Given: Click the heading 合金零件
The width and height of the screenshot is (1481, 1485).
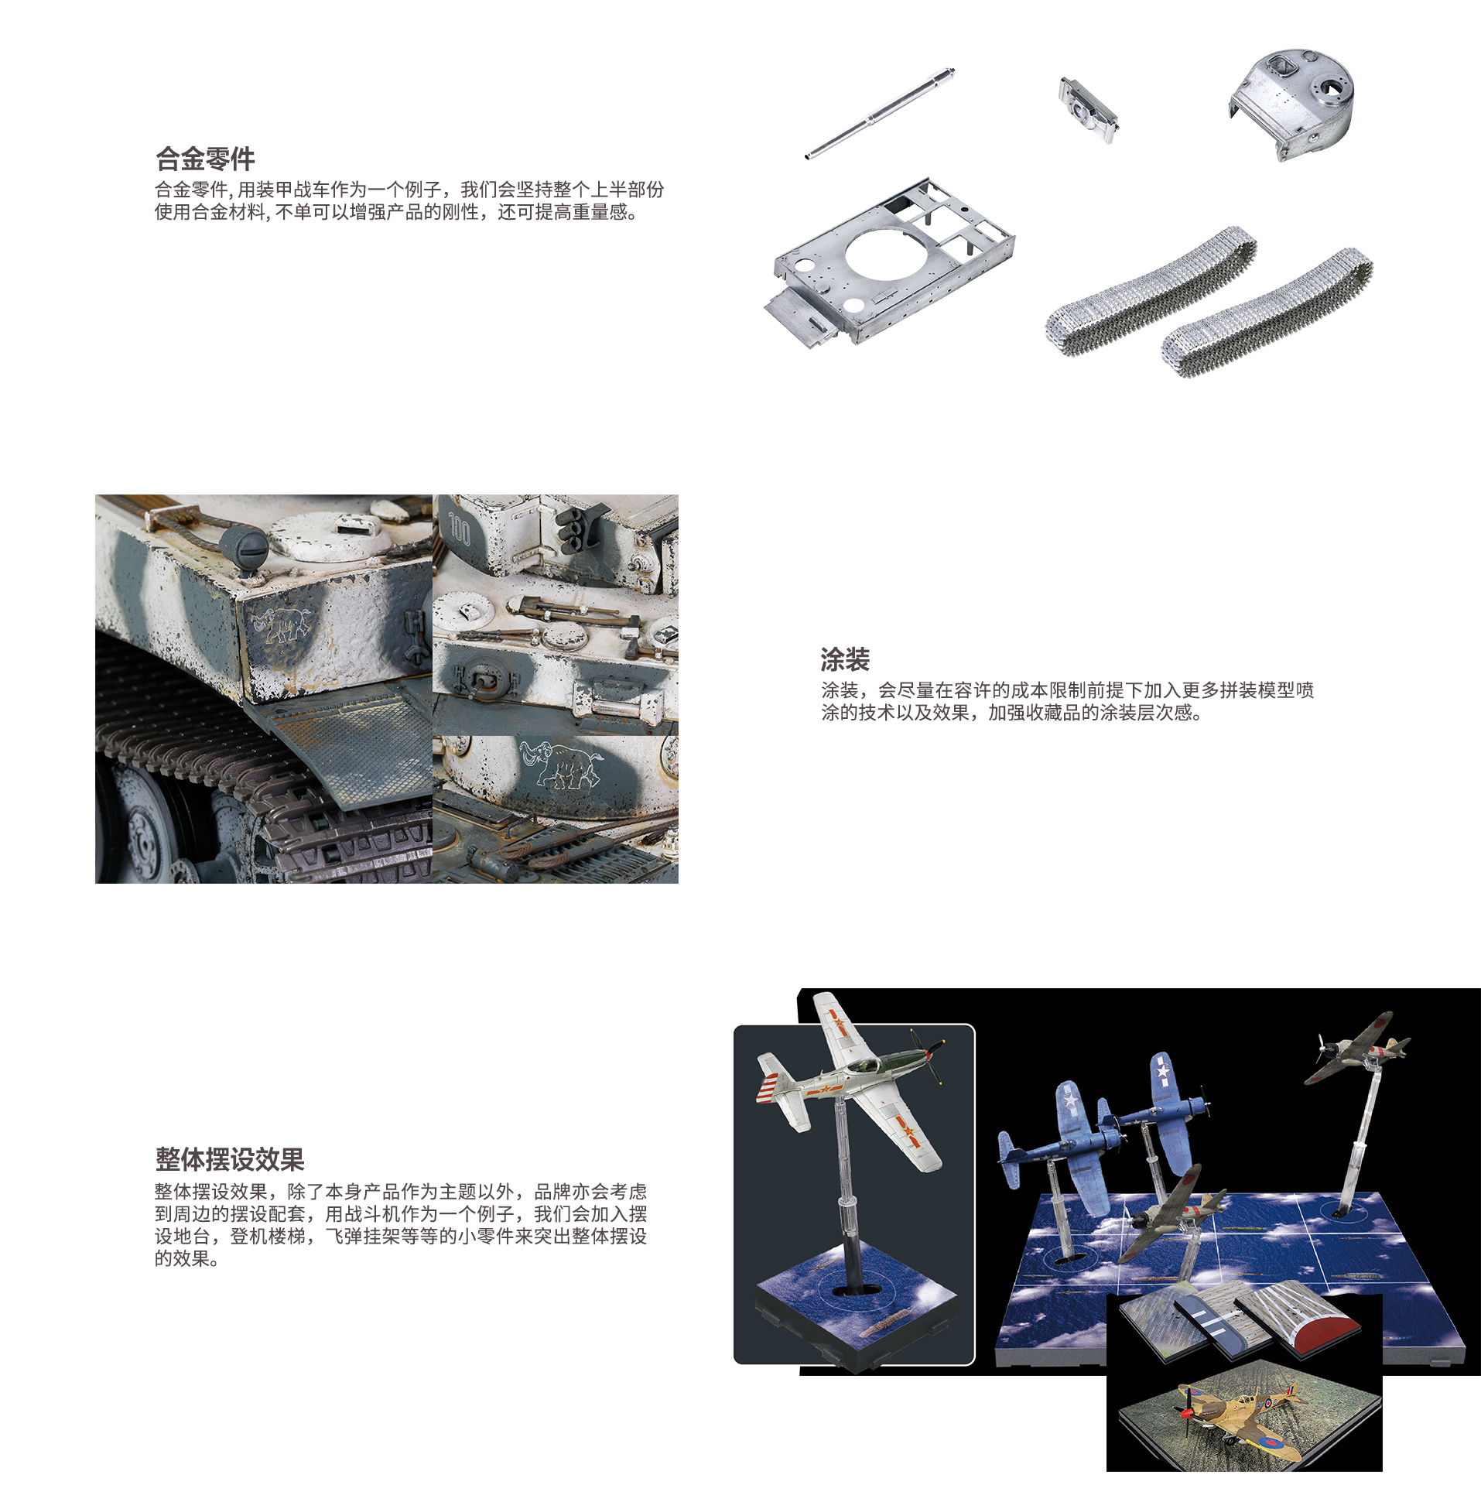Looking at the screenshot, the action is pos(205,159).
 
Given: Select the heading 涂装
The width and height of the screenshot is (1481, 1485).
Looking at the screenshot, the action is pos(845,660).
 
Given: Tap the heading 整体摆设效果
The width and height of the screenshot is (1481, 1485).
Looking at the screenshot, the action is pos(230,1159).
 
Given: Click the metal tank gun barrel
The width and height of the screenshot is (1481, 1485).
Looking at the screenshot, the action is pos(880,114).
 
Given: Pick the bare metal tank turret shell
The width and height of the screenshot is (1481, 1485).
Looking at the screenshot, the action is pos(1292,103).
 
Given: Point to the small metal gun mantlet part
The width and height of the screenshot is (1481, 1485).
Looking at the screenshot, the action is pos(1089,110).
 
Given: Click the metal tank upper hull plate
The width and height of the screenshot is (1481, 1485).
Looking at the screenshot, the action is pos(890,263).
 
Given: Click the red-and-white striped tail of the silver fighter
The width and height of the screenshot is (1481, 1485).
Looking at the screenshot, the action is pos(774,1078).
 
